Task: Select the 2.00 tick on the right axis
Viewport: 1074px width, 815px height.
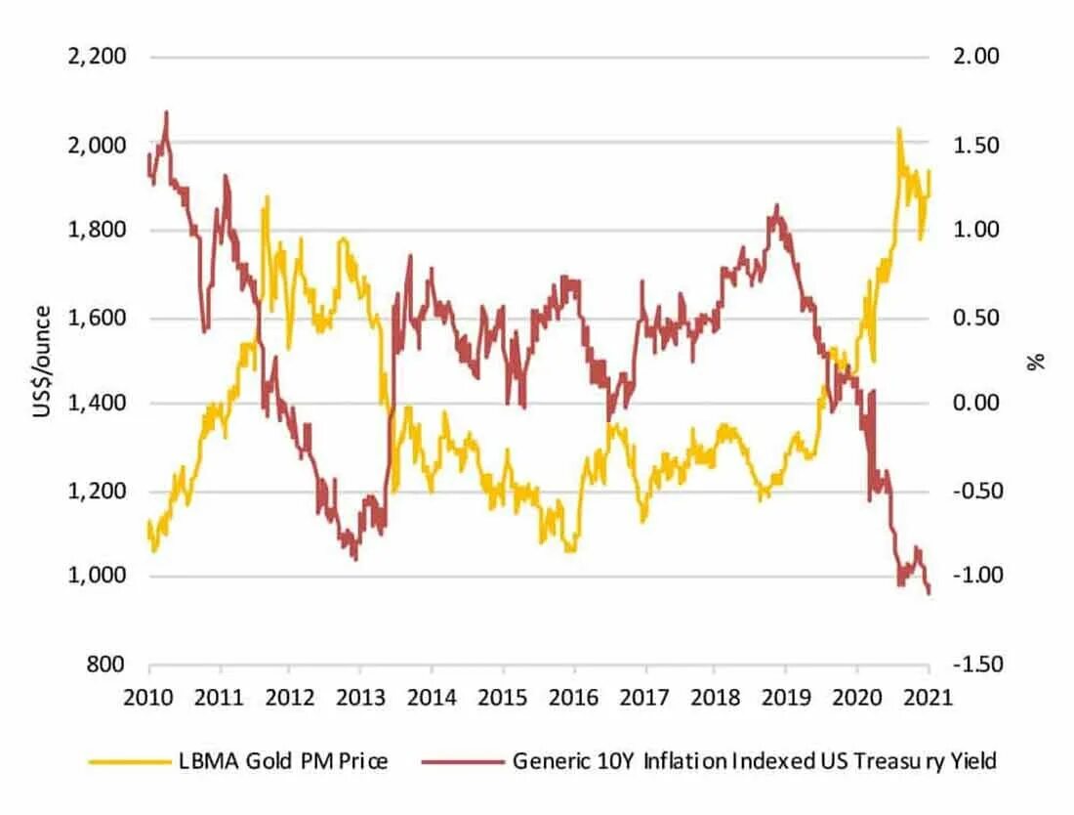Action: point(977,57)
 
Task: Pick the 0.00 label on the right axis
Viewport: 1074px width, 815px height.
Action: point(977,404)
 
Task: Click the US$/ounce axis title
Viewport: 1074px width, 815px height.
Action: point(41,362)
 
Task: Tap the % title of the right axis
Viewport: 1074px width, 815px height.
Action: point(1037,362)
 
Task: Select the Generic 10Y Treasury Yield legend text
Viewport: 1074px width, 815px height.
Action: point(754,761)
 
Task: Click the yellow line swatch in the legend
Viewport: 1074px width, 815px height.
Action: point(123,761)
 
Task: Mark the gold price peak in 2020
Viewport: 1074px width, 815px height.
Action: point(897,128)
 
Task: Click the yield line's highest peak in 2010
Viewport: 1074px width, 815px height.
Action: point(166,111)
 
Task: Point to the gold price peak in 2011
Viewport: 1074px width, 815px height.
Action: point(267,196)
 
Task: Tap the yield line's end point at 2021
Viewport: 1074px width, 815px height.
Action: point(929,593)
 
